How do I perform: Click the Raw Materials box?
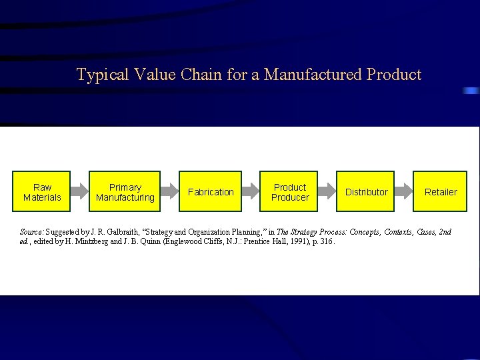coord(42,192)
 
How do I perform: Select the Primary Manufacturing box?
coord(125,192)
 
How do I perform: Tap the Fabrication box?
coord(211,192)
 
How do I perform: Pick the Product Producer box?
coord(290,192)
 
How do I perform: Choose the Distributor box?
coord(366,192)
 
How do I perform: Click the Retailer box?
coord(441,192)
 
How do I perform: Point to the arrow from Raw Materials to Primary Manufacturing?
coord(80,192)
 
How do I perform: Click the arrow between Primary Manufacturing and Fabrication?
coord(169,192)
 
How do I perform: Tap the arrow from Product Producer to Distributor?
coord(327,192)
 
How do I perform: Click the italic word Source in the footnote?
coord(31,232)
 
